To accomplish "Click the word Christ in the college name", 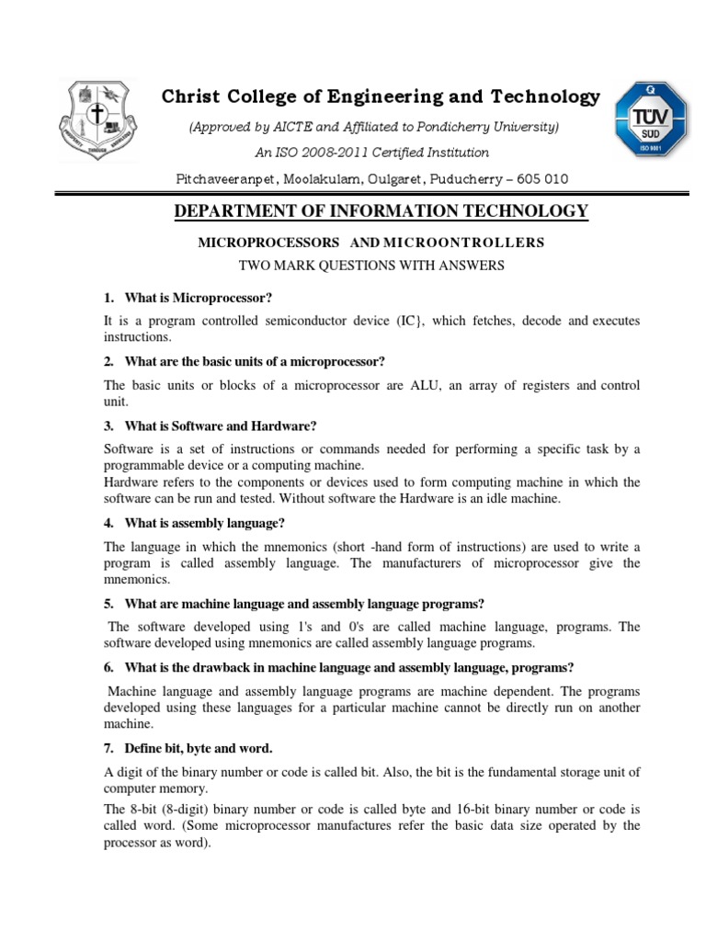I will (x=190, y=97).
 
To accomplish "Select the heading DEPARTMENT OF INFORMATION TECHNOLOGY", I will (x=381, y=212).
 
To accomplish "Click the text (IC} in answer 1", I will (x=411, y=320).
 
